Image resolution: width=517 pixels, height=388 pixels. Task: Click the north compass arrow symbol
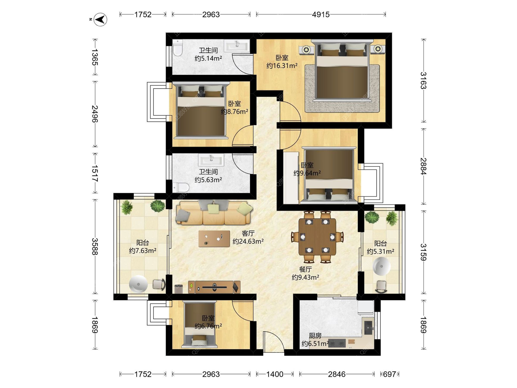click(x=100, y=19)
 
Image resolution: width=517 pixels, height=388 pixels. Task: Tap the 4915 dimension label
click(x=321, y=15)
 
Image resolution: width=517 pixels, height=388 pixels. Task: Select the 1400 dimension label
click(x=275, y=374)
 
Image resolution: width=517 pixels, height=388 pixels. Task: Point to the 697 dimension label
click(x=389, y=374)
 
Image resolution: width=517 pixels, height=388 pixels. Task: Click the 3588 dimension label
click(x=95, y=247)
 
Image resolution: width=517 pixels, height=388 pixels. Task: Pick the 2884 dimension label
click(x=424, y=166)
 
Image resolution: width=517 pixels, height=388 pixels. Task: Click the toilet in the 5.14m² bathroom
click(x=178, y=48)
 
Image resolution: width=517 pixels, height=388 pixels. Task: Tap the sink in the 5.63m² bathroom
click(x=211, y=160)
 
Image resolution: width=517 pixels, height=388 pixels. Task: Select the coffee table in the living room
click(x=214, y=239)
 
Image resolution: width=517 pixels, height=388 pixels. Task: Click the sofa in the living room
click(x=214, y=213)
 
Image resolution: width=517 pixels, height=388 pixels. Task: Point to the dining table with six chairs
click(x=317, y=237)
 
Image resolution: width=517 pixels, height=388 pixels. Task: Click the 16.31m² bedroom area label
click(x=282, y=65)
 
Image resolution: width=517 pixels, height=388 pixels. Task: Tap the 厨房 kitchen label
click(x=315, y=336)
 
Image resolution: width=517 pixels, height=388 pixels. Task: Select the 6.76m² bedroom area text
click(x=208, y=326)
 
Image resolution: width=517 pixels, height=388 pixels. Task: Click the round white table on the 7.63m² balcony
click(x=138, y=284)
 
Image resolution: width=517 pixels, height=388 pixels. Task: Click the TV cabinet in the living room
click(x=214, y=287)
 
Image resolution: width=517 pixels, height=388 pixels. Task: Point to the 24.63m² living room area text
click(x=248, y=241)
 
